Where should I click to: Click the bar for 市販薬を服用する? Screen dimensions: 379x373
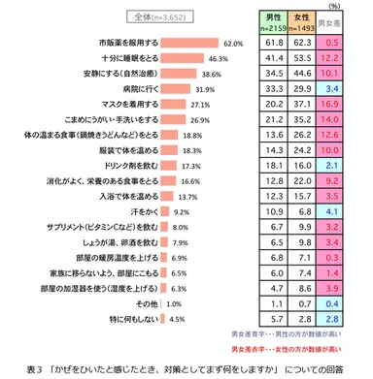[189, 44]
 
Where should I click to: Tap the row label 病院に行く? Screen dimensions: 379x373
[135, 89]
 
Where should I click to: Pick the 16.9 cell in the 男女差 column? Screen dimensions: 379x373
[332, 104]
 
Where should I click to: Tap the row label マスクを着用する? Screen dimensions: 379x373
[124, 105]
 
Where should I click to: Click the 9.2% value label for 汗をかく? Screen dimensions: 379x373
[183, 211]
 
